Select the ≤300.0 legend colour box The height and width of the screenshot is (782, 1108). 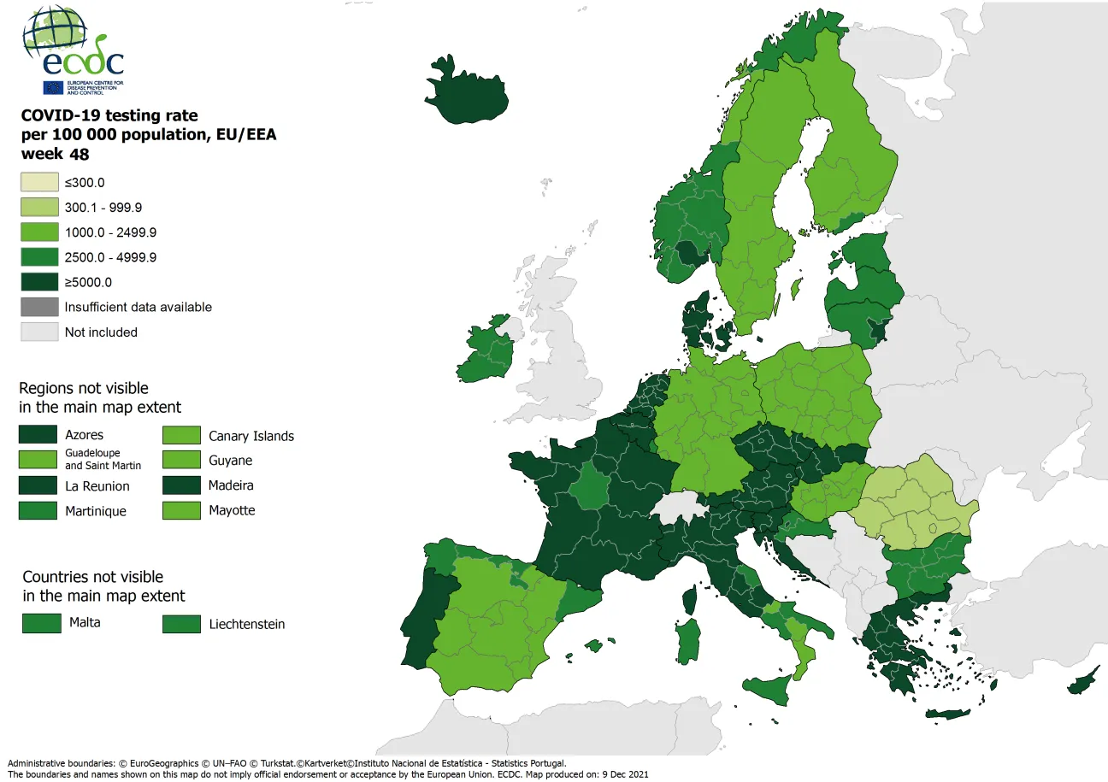click(39, 182)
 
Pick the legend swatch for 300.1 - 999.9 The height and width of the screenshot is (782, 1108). click(39, 207)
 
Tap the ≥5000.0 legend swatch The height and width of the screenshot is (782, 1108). click(39, 282)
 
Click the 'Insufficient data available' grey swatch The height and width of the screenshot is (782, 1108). click(39, 307)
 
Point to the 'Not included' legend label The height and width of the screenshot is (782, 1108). click(101, 332)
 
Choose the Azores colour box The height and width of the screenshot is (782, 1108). click(38, 435)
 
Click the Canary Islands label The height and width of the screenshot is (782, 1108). click(250, 436)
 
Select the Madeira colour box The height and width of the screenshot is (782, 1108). click(181, 485)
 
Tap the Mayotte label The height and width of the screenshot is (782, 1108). click(232, 510)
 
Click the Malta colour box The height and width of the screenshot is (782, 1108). click(42, 623)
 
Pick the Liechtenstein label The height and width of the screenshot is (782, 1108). click(246, 624)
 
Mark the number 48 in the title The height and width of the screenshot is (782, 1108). click(80, 155)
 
